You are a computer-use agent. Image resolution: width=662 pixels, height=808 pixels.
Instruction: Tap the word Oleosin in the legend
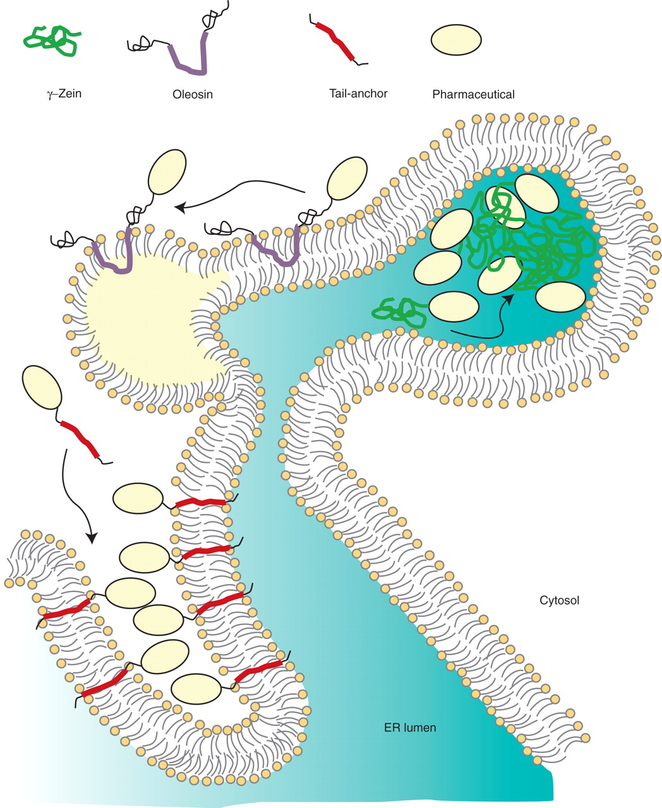(192, 95)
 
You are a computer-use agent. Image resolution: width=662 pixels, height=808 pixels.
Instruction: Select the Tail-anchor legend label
(358, 93)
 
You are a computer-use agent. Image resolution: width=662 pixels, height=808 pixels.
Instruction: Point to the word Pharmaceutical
(473, 95)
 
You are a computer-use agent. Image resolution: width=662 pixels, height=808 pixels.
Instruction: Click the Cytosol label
(559, 600)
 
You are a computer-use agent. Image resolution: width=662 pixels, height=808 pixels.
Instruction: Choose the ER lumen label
(409, 727)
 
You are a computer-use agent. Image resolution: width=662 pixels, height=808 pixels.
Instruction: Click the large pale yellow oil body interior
(145, 316)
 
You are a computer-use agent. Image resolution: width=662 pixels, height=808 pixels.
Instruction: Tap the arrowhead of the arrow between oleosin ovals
(179, 207)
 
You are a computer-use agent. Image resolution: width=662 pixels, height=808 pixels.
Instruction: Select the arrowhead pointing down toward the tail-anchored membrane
(92, 538)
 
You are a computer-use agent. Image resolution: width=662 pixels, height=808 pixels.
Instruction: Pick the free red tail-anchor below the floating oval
(80, 441)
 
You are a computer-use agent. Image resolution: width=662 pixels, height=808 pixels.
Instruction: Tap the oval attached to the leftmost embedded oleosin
(167, 173)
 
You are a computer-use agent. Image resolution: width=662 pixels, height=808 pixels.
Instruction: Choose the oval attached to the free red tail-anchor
(42, 387)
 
